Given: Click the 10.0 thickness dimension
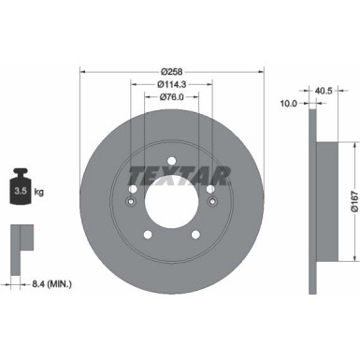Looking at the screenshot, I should click(288, 104).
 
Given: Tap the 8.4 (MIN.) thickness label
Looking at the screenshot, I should click(50, 256).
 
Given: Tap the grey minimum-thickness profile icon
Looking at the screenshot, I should click(20, 238).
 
